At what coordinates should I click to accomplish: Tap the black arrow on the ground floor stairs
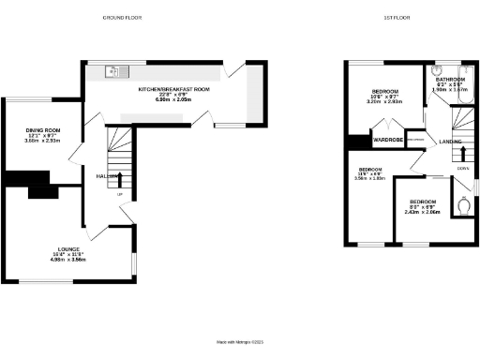coord(118,177)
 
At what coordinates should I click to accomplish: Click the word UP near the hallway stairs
coord(119,194)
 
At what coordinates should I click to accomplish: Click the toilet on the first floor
coord(462,204)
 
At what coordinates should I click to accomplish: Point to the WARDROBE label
coord(387,141)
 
